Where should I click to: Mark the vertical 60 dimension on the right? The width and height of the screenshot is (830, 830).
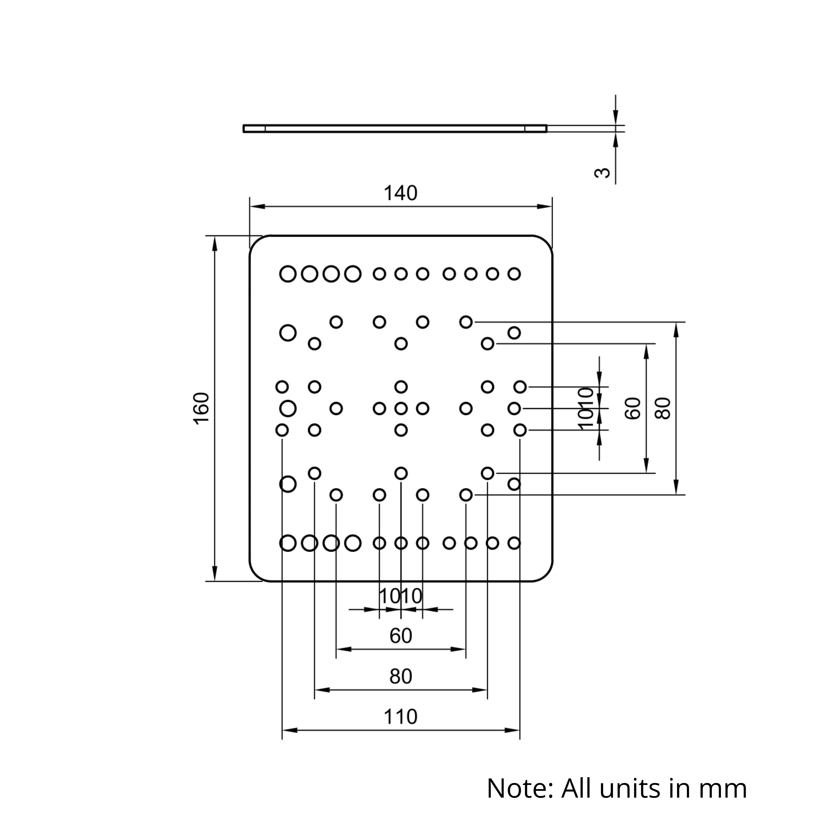(633, 408)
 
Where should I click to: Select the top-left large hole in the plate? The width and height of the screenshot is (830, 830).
(288, 274)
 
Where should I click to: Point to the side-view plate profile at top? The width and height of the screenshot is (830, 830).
(395, 128)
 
